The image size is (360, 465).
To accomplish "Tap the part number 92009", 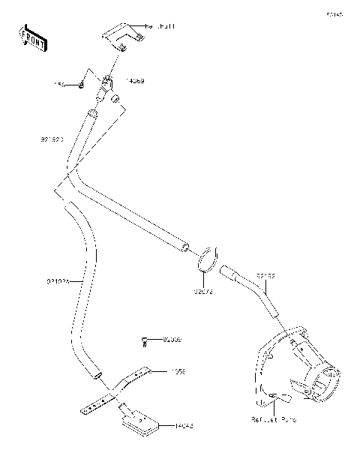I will [172, 340].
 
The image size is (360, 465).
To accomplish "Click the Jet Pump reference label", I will [277, 421].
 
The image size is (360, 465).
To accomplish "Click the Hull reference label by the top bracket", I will [157, 25].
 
